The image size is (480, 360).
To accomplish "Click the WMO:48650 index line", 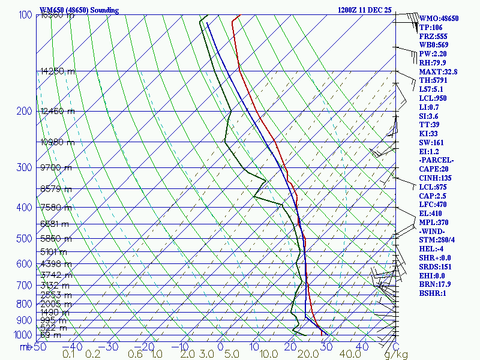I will (439, 19).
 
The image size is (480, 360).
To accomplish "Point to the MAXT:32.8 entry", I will (438, 72).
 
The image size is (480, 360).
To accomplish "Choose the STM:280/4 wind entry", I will (437, 240).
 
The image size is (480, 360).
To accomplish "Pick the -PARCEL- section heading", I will (436, 160).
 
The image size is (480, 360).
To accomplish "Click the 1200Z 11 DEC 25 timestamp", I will (364, 10).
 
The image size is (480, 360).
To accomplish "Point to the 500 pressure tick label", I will (24, 239).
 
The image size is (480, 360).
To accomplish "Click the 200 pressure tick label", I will (24, 111).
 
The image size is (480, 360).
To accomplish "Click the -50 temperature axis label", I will (39, 346).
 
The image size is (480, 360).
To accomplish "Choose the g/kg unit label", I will (396, 355).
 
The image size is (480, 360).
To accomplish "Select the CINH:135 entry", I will (436, 178).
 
